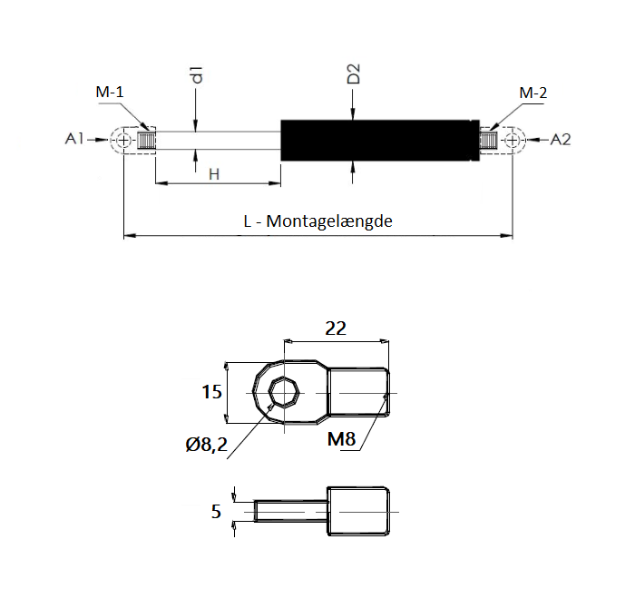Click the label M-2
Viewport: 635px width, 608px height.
532,93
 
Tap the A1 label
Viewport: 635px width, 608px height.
74,139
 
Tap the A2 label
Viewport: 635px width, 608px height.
561,139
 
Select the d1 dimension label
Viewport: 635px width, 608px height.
196,76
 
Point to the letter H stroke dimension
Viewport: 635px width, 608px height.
214,173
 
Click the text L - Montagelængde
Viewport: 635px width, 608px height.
317,221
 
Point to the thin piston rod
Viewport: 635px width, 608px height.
218,141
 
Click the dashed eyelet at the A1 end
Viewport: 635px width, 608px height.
122,141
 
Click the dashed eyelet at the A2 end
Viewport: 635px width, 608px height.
514,141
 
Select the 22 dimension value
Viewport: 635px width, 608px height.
336,329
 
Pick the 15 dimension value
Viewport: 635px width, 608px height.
211,392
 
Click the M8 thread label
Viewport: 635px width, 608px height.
341,440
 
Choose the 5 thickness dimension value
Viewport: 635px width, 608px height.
216,512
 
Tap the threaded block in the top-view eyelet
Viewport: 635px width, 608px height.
359,393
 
